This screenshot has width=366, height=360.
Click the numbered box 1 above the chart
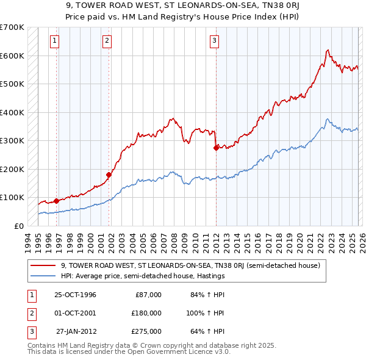pyautogui.click(x=54, y=41)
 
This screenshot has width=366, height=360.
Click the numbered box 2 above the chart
pyautogui.click(x=107, y=41)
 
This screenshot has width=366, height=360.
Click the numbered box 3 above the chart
pyautogui.click(x=215, y=41)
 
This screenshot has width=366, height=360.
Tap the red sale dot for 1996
pyautogui.click(x=57, y=201)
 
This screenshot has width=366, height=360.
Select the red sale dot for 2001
pyautogui.click(x=109, y=175)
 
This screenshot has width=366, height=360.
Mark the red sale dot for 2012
pyautogui.click(x=217, y=148)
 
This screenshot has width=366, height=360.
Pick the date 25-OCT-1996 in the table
pyautogui.click(x=75, y=295)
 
